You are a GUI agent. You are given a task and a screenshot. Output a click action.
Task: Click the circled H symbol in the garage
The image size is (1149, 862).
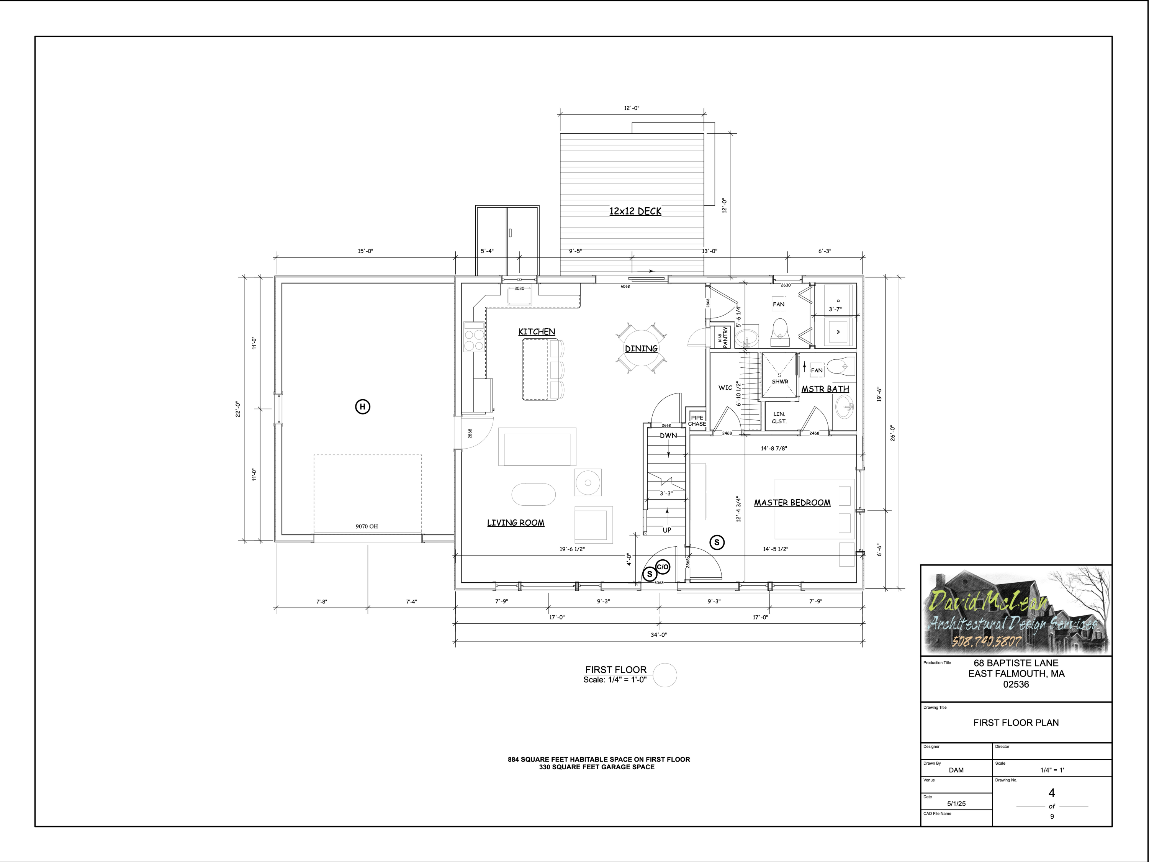click(x=363, y=407)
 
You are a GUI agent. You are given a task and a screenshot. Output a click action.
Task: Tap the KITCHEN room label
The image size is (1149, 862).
click(x=537, y=331)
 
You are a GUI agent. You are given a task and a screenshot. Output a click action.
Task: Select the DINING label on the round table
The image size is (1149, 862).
click(x=641, y=349)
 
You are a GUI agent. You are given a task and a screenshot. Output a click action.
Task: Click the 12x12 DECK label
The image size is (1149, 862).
click(x=635, y=211)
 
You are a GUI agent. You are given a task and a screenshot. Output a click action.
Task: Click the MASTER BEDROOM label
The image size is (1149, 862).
click(x=792, y=502)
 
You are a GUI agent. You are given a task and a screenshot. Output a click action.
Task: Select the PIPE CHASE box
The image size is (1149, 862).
click(x=697, y=420)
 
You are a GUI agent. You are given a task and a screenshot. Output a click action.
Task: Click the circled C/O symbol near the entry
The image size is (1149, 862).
click(x=663, y=567)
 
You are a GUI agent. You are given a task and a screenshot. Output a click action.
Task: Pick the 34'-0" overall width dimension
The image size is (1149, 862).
click(x=659, y=634)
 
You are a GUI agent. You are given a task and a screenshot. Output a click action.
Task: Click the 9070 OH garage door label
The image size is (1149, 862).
click(x=367, y=526)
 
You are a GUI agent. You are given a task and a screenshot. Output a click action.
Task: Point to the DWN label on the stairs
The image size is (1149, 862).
click(x=668, y=436)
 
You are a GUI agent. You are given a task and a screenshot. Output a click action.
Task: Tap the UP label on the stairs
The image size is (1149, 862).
click(x=666, y=530)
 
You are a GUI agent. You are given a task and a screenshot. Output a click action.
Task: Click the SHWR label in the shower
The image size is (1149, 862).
click(x=780, y=381)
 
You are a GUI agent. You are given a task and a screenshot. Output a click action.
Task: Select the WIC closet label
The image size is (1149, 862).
click(x=725, y=388)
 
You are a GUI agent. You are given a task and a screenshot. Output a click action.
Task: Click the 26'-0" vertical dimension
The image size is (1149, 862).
click(x=892, y=433)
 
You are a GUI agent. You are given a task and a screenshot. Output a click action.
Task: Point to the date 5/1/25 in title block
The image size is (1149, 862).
click(x=956, y=803)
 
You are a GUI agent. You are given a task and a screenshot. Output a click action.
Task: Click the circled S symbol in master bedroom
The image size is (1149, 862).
click(x=717, y=542)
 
